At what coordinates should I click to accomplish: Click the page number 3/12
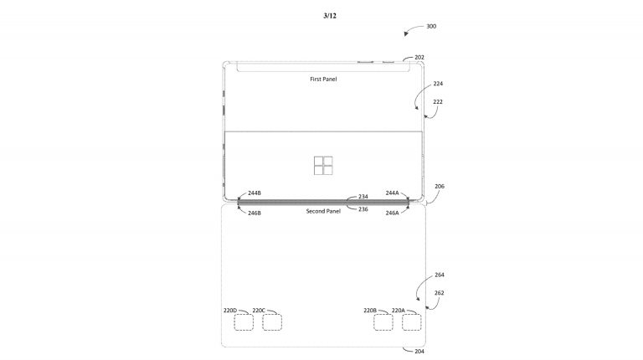coord(330,16)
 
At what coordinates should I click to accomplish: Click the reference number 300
coord(431,26)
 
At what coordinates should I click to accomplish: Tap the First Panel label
coord(323,79)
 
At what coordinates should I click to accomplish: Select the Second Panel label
coord(323,211)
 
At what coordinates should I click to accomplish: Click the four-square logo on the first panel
coord(323,165)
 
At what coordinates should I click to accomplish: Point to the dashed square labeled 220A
coord(411,322)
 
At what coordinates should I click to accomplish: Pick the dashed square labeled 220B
coord(383,322)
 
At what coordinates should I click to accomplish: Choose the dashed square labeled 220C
coord(272,322)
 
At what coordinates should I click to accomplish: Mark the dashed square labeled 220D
coord(244,322)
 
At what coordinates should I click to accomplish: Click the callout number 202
coord(419,58)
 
